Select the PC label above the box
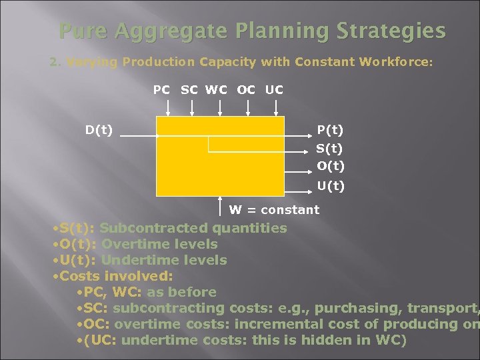(161, 89)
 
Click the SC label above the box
(189, 89)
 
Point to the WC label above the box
(217, 89)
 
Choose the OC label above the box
(246, 89)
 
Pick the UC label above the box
(274, 89)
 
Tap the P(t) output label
(330, 130)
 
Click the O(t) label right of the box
(330, 165)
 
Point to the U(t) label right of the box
(330, 186)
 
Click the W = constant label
(274, 210)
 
